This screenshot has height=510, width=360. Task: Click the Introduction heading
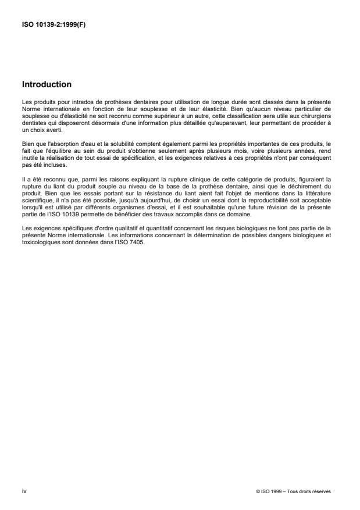[47, 84]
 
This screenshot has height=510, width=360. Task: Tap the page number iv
[24, 491]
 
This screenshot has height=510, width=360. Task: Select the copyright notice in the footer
[294, 491]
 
